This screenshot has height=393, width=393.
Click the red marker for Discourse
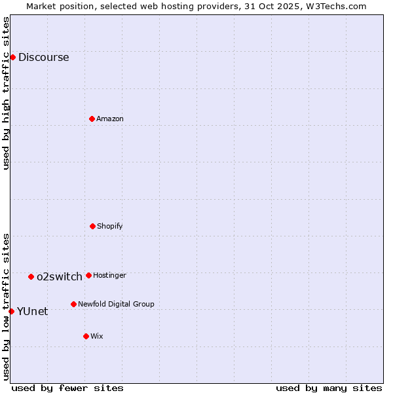point(12,57)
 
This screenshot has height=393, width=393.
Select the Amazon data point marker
point(92,119)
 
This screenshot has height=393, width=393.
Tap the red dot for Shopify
point(92,226)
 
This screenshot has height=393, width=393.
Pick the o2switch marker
point(31,276)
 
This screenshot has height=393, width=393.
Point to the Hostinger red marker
point(88,275)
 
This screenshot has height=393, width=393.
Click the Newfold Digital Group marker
point(73,304)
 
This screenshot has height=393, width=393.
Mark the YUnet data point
point(11,311)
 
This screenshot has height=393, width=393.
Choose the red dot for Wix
point(86,336)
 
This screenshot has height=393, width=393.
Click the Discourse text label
point(43,57)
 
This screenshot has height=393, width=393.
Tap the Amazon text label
point(110,119)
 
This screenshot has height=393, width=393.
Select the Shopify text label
point(110,226)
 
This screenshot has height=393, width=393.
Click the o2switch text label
point(60,276)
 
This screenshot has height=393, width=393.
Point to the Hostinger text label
point(109,275)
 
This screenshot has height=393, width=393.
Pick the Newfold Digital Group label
point(116,304)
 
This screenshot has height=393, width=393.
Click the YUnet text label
point(32,311)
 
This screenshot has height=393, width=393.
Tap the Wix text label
point(97,336)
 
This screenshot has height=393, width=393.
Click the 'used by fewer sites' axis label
point(67,388)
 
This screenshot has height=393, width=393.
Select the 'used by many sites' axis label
point(329,388)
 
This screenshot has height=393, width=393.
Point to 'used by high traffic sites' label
point(6,93)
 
